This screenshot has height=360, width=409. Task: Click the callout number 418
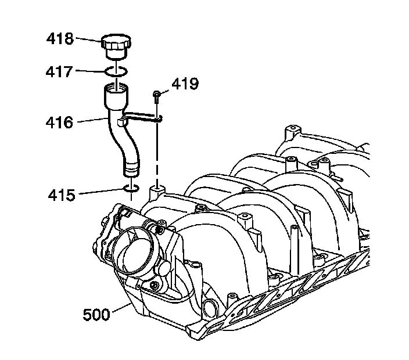[60, 39]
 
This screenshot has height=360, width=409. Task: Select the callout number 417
[60, 72]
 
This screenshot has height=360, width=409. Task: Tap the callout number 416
[60, 123]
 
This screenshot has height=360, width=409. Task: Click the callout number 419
[185, 84]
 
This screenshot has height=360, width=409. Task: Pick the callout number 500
[96, 315]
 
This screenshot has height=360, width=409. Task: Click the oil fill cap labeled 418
[116, 46]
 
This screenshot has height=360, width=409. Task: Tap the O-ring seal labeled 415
[132, 189]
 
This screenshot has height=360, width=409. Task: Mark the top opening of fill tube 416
[116, 89]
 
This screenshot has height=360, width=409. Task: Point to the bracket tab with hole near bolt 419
[158, 118]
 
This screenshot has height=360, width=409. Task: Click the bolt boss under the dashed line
[156, 192]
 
